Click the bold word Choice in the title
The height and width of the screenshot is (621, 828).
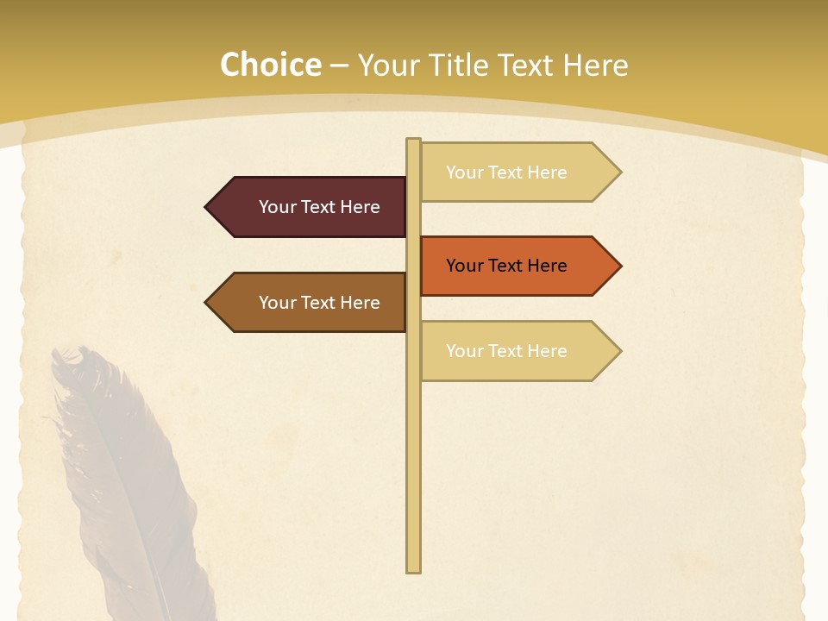click(271, 66)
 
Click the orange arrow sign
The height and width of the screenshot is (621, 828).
click(517, 266)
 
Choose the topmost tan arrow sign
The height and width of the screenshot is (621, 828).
click(517, 172)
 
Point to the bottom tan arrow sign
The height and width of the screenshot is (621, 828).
click(517, 351)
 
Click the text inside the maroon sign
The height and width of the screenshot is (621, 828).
click(319, 207)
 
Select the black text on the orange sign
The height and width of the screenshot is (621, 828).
click(506, 266)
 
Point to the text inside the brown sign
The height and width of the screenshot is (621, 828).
click(319, 303)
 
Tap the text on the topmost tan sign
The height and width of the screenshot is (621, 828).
click(506, 172)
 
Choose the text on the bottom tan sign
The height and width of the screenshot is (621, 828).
click(506, 351)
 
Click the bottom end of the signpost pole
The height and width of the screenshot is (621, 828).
click(414, 568)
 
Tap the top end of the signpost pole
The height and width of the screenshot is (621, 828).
click(414, 142)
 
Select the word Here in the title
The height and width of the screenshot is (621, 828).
click(596, 66)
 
